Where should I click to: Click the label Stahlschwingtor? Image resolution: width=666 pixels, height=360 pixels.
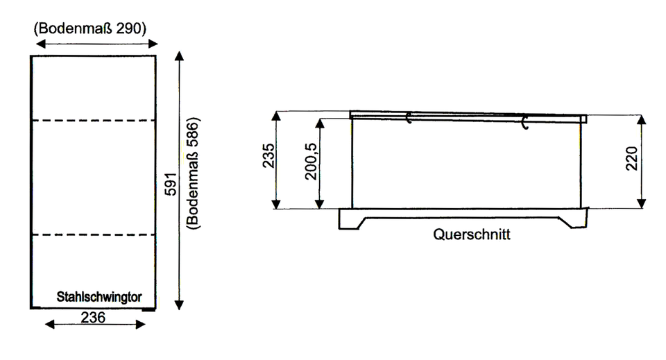click(99, 297)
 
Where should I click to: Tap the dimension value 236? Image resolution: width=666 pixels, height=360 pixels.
click(93, 317)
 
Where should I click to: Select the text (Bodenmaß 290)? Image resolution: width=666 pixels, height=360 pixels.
click(90, 28)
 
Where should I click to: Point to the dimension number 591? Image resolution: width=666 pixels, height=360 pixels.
click(171, 184)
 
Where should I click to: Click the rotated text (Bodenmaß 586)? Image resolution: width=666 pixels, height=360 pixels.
click(193, 173)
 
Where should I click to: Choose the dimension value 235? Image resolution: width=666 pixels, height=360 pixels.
click(268, 156)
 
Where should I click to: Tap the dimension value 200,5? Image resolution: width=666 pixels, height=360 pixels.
click(311, 162)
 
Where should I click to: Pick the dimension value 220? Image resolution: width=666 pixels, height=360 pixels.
click(631, 158)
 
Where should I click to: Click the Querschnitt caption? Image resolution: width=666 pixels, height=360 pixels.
click(472, 234)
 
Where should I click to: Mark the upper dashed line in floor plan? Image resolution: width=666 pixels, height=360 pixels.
click(94, 121)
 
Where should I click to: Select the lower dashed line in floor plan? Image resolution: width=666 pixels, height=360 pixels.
click(94, 234)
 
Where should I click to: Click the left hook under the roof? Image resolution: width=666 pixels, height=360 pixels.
click(409, 118)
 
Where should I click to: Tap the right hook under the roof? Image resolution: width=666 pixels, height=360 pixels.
click(525, 122)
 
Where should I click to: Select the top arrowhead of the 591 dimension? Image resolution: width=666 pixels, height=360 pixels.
click(179, 56)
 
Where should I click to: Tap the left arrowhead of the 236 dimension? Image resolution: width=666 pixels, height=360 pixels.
click(50, 325)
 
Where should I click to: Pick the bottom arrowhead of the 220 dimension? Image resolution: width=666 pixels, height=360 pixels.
click(642, 203)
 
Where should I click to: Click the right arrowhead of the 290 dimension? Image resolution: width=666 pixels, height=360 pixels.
click(153, 43)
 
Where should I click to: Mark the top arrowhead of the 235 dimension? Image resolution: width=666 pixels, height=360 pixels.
click(277, 117)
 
